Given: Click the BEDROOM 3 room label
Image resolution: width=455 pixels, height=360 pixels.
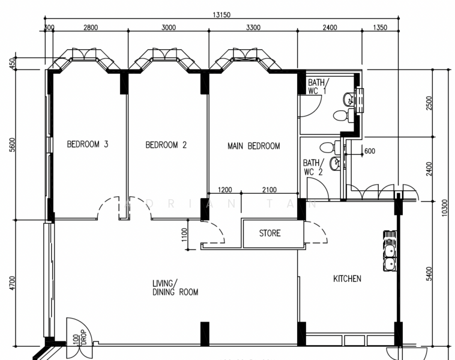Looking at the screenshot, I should point(88,145).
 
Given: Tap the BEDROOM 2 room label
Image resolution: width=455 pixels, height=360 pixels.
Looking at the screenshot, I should point(166,145).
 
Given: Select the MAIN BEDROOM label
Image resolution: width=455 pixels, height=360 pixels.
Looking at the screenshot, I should point(253,146).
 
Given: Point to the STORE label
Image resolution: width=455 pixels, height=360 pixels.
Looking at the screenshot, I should point(270,233).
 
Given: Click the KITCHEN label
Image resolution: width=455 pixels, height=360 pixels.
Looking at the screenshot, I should point(347,278).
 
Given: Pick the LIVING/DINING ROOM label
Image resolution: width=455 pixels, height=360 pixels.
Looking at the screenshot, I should point(175,287).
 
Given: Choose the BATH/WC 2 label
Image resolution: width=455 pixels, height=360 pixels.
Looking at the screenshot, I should point(313,167).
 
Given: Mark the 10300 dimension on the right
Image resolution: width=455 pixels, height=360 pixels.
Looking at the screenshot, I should point(445,207).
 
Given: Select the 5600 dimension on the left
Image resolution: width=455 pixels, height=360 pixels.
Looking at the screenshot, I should point(13,145).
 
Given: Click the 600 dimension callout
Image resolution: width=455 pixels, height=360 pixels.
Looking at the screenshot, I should point(369,151).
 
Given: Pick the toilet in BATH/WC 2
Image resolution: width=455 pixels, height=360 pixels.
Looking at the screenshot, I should point(327,147).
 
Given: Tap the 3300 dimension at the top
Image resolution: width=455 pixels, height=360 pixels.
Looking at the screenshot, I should point(253,28).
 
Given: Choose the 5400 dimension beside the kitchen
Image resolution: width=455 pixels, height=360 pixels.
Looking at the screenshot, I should point(429,273).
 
